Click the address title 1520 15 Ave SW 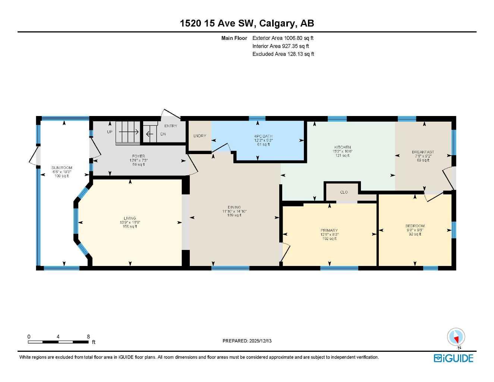(247, 23)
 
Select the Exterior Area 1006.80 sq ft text (283, 38)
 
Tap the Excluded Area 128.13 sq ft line (283, 54)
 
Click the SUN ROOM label (62, 168)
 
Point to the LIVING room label (130, 218)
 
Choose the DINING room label (234, 207)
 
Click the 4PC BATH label (263, 136)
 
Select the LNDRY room (199, 136)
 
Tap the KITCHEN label (342, 147)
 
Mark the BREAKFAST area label (423, 152)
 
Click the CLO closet (344, 192)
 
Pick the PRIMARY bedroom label (329, 231)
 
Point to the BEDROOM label (415, 226)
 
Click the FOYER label (138, 156)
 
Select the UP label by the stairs (110, 132)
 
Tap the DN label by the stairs (163, 134)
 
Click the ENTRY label (171, 126)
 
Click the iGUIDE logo (453, 358)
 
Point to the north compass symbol (456, 337)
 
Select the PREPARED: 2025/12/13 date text (247, 341)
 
